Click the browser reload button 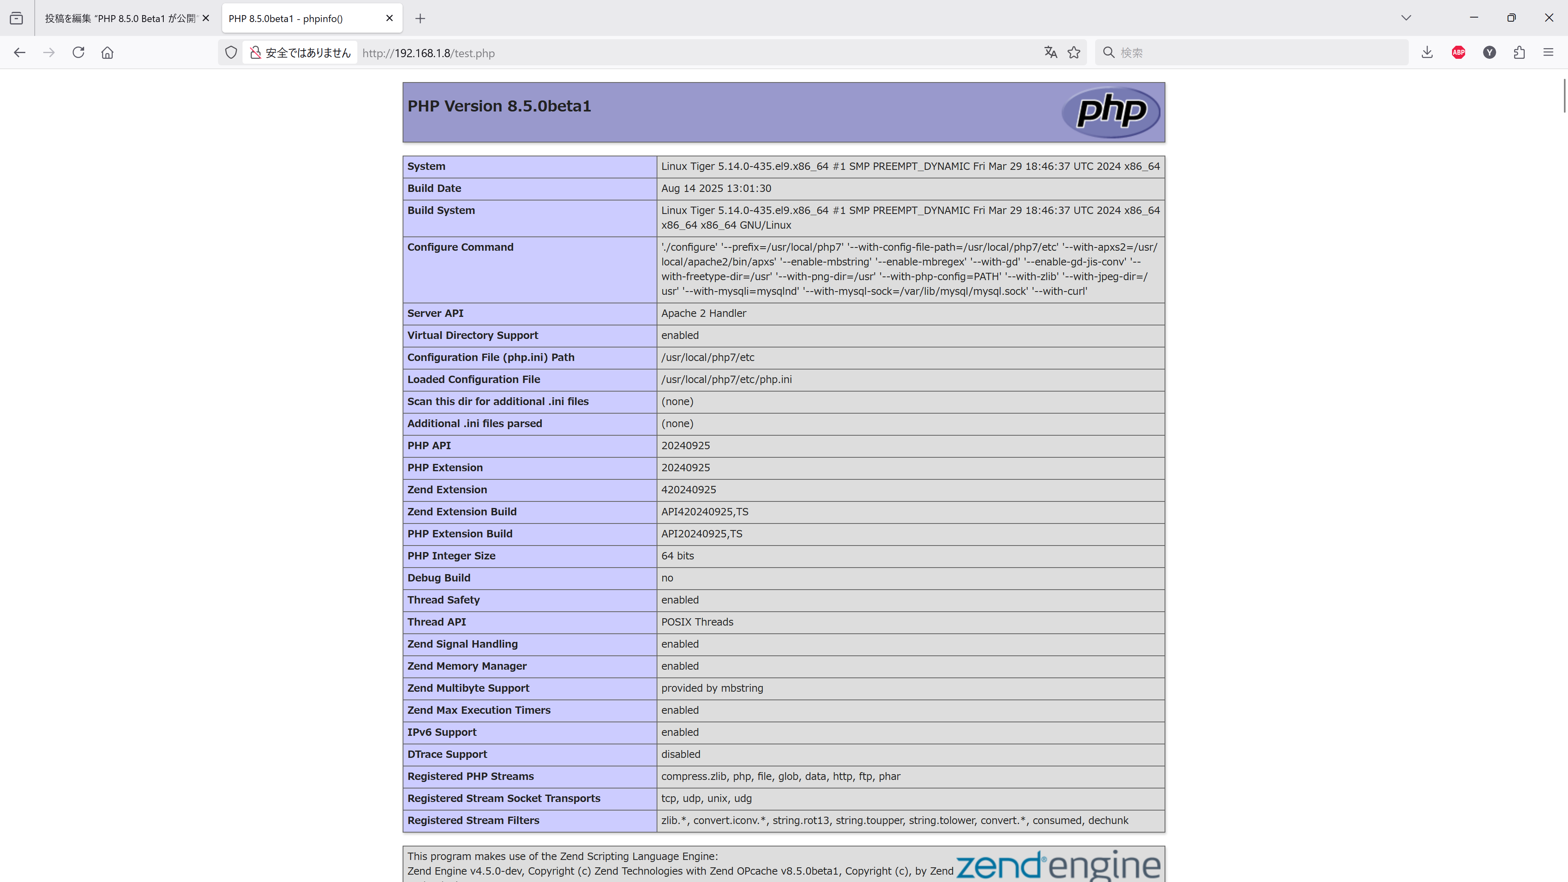click(x=78, y=52)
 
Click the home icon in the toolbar click(x=107, y=52)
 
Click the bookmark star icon click(x=1074, y=52)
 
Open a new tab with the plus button click(x=420, y=18)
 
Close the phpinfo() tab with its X click(x=390, y=18)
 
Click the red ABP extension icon click(x=1459, y=52)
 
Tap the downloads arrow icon click(x=1427, y=52)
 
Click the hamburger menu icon click(x=1548, y=52)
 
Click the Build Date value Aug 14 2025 click(x=716, y=189)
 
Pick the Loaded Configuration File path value click(x=726, y=380)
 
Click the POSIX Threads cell click(x=697, y=622)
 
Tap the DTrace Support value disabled click(x=681, y=754)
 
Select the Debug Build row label click(x=438, y=578)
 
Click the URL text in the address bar click(x=428, y=53)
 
